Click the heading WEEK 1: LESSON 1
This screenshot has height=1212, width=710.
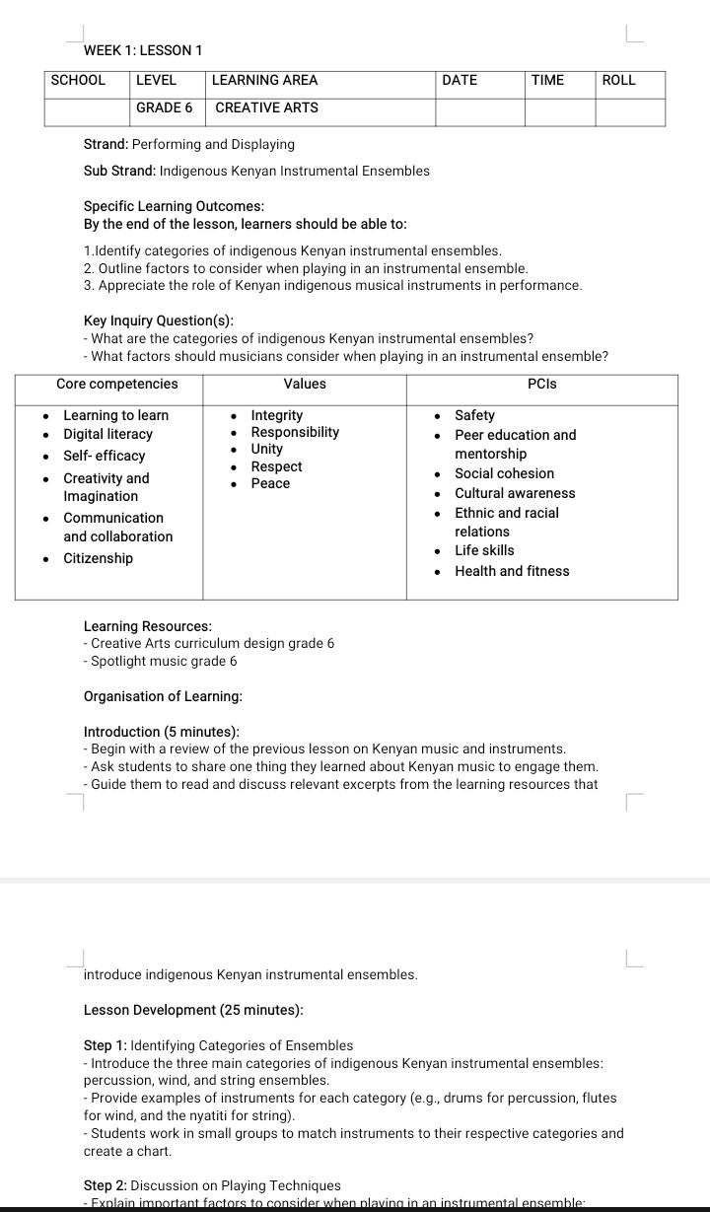[x=143, y=50]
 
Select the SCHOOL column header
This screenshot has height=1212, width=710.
[x=78, y=81]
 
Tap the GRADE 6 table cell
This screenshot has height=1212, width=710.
[x=164, y=107]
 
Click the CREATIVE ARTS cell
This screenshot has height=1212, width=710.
[x=266, y=107]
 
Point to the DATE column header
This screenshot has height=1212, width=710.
[x=460, y=81]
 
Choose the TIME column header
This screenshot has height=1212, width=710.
[x=547, y=81]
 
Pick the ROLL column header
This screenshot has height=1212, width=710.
[x=618, y=81]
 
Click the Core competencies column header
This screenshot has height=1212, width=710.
[x=117, y=385]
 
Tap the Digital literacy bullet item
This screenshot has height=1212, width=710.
[x=108, y=435]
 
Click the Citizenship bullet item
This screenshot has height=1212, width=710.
[x=98, y=559]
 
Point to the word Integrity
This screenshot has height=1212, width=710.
[x=277, y=416]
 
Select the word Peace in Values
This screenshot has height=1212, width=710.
[x=270, y=484]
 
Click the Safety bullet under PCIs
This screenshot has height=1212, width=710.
[x=474, y=416]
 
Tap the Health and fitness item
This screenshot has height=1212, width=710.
[x=512, y=571]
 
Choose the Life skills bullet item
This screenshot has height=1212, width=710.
[x=484, y=550]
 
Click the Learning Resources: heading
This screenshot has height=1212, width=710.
[x=148, y=626]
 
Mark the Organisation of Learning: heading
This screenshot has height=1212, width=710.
[x=163, y=697]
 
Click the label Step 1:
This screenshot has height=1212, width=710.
[x=106, y=1045]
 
